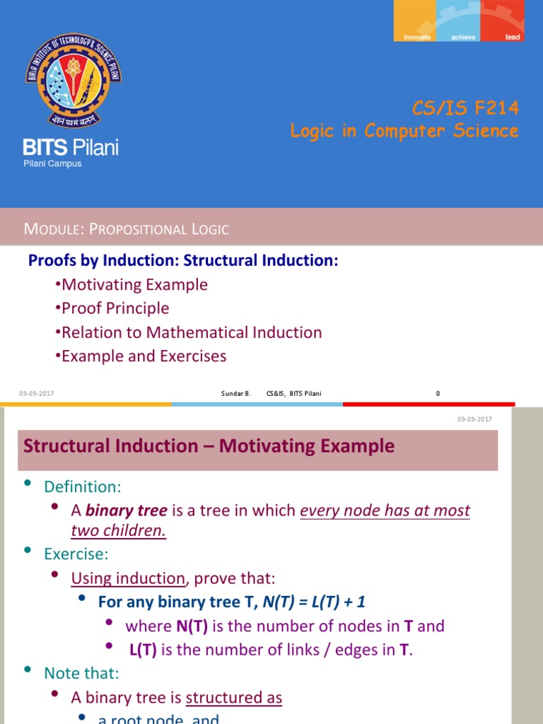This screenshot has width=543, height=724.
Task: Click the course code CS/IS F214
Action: click(465, 108)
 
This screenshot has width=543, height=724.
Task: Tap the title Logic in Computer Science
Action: click(404, 131)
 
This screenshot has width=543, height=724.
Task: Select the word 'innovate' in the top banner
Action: click(417, 37)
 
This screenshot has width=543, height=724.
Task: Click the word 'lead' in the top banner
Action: click(513, 37)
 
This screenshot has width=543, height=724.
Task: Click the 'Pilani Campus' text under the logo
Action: click(52, 163)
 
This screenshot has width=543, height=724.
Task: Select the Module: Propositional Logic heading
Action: click(127, 228)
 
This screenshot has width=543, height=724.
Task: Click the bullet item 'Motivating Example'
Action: click(134, 285)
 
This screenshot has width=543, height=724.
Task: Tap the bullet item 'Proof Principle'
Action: click(115, 308)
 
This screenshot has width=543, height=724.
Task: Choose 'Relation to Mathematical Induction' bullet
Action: click(192, 332)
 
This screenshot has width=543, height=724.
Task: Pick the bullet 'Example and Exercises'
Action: click(144, 356)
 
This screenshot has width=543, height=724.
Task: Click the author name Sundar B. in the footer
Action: click(237, 393)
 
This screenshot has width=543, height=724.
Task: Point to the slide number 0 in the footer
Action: click(438, 393)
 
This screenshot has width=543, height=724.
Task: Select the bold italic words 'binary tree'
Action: click(126, 510)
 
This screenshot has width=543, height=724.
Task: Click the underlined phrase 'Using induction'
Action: click(128, 578)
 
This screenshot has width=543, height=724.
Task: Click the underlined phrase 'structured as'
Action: click(234, 698)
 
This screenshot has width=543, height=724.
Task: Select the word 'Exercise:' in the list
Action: click(76, 553)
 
